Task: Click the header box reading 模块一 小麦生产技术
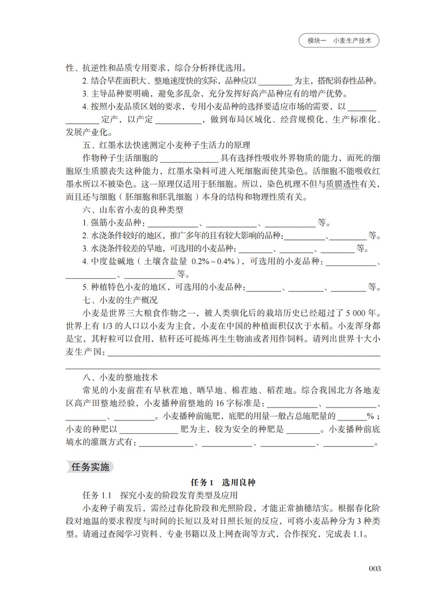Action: pos(338,41)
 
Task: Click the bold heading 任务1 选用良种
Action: pos(216,482)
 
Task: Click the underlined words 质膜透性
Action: pos(343,184)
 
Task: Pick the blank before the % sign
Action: pos(352,417)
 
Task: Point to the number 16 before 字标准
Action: pos(221,404)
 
